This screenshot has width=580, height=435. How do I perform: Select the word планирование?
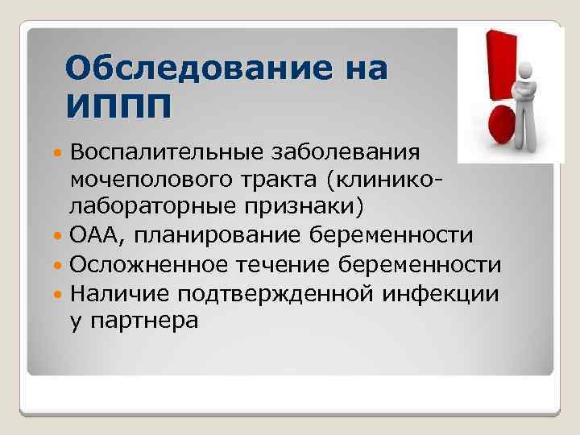tap(213, 235)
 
